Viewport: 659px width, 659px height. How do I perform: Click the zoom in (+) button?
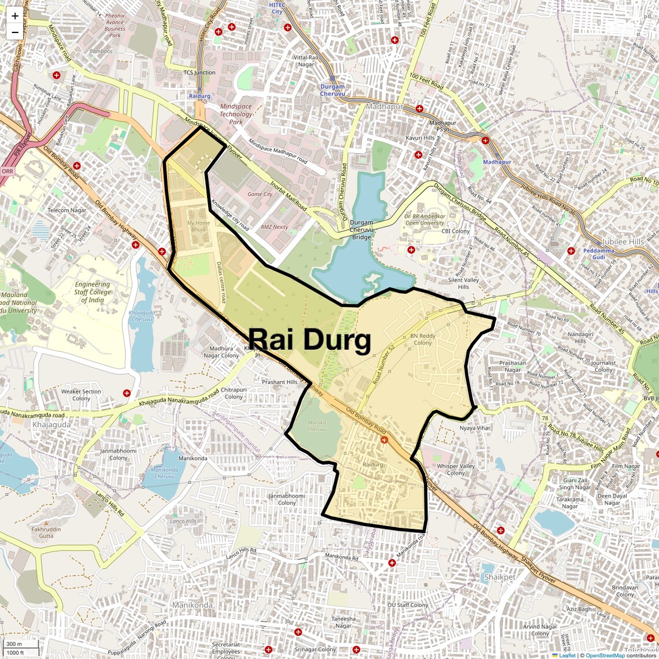click(15, 16)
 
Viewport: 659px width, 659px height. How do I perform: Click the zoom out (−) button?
click(15, 32)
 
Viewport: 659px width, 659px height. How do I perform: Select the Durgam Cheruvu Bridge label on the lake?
click(361, 229)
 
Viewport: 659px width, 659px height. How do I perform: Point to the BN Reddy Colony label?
click(423, 339)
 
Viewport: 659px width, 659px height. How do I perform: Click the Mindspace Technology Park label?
click(236, 114)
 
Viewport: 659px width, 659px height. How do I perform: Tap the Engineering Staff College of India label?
click(92, 292)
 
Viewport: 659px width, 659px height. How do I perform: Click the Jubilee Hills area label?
click(623, 242)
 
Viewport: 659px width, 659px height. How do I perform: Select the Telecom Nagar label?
click(67, 210)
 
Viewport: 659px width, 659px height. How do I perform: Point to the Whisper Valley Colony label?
click(456, 469)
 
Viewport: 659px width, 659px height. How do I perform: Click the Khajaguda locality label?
click(51, 424)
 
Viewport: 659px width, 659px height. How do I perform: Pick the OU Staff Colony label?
click(408, 605)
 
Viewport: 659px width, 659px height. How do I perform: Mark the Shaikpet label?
click(499, 577)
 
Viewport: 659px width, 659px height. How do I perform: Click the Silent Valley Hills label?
click(463, 283)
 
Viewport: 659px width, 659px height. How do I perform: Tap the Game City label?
click(260, 194)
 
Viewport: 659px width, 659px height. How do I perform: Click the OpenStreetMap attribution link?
click(605, 655)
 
